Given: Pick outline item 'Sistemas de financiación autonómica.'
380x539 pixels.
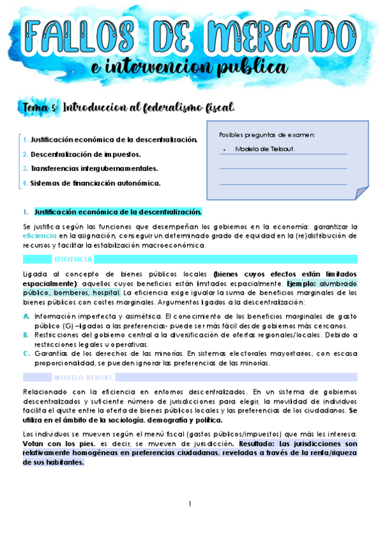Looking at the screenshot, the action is (95, 183).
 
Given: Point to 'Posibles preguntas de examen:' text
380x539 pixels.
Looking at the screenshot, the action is (266, 135).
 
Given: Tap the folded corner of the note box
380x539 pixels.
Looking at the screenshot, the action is (360, 192).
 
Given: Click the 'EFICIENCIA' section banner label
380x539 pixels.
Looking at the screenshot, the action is (74, 259).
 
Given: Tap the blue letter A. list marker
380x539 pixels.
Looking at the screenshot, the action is (25, 316).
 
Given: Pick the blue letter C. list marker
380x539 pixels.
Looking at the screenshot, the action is (25, 353).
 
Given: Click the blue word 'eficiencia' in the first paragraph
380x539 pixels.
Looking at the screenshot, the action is (40, 236).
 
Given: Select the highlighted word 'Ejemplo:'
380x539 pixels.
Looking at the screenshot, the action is (303, 283).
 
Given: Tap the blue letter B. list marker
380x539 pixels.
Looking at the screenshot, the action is (25, 335).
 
